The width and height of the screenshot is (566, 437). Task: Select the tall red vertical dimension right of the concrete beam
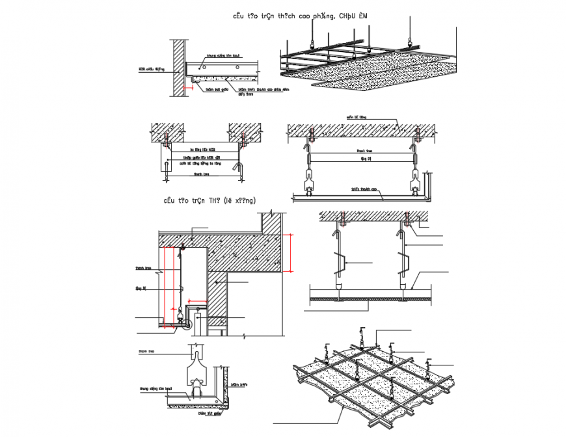click(x=291, y=252)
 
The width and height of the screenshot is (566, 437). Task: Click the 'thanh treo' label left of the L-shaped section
click(x=143, y=267)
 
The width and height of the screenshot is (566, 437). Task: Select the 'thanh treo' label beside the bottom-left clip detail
click(x=146, y=351)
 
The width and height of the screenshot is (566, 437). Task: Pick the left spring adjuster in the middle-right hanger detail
click(x=340, y=263)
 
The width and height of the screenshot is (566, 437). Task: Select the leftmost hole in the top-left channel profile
click(x=203, y=68)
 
